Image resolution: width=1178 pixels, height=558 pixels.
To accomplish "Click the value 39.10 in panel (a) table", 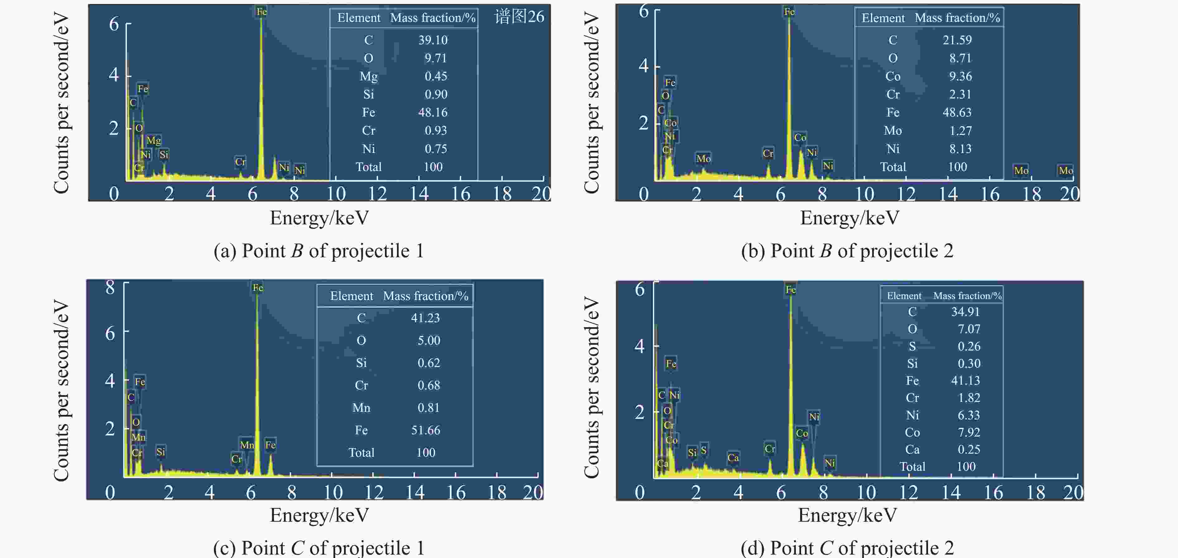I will click(x=433, y=40).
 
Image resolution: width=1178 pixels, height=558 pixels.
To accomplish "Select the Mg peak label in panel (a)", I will click(x=154, y=140).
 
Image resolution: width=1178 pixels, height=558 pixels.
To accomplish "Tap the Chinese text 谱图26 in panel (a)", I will click(x=519, y=17).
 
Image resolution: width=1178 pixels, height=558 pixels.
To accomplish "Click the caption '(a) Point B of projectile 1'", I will click(x=319, y=251).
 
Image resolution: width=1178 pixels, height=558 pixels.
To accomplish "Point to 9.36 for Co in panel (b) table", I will click(x=960, y=76).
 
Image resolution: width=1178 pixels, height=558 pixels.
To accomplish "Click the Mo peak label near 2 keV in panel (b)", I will click(x=703, y=159).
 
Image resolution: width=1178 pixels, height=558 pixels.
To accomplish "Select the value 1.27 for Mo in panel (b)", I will click(x=960, y=131).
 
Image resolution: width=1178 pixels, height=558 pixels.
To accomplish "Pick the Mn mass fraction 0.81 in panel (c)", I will click(x=429, y=408).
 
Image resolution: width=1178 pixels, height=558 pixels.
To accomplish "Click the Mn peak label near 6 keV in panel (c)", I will click(x=247, y=445).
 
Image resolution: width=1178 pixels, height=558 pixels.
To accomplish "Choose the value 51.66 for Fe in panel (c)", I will click(x=425, y=430).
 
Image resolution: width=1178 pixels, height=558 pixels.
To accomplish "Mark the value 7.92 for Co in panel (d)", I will click(x=969, y=432).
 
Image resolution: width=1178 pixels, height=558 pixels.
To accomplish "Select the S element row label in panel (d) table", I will click(x=912, y=346).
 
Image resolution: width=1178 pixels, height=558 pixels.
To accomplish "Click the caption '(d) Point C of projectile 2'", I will click(x=847, y=547).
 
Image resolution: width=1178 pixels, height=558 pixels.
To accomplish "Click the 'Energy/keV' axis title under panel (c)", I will click(x=319, y=515).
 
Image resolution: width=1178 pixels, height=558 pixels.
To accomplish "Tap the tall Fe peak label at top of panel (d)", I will click(x=791, y=289).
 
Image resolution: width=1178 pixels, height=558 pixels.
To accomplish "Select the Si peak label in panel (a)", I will click(x=164, y=155).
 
